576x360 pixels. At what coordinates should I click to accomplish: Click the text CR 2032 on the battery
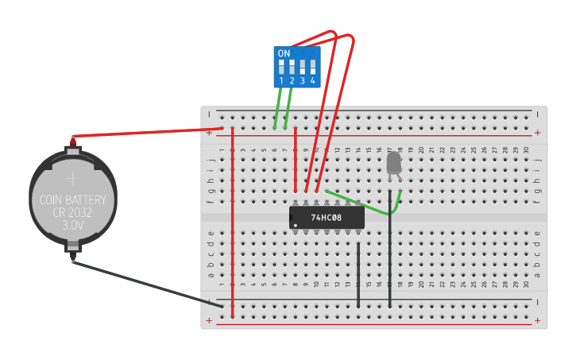pos(72,213)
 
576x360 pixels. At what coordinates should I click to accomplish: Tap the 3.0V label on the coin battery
pos(72,226)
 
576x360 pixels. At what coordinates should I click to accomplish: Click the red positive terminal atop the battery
pos(73,140)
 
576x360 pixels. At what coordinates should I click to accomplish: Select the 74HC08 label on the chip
pos(326,218)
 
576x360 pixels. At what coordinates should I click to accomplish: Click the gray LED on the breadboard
pos(393,164)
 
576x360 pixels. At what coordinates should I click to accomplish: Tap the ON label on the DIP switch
pos(284,53)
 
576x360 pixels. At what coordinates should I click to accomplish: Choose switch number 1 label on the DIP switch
pos(281,81)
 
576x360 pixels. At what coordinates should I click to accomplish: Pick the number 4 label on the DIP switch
pos(313,81)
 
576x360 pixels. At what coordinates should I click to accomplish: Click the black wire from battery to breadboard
pos(143,282)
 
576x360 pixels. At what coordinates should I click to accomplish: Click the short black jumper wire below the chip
pos(358,274)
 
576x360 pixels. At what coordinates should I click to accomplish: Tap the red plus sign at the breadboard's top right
pos(538,133)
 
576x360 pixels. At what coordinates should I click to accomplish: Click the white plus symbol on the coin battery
pos(72,179)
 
